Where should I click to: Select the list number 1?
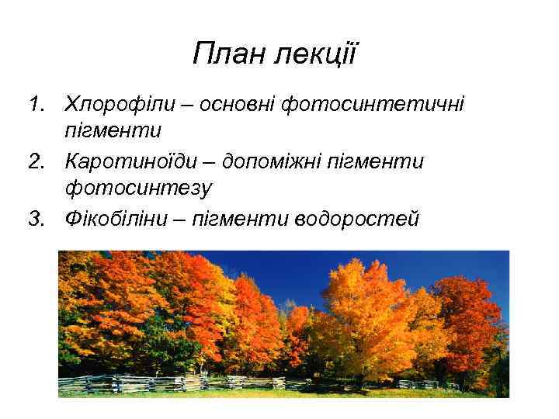pyautogui.click(x=34, y=104)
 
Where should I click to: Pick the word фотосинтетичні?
pyautogui.click(x=373, y=104)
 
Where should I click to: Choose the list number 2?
pyautogui.click(x=34, y=161)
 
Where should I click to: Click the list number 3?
pyautogui.click(x=34, y=219)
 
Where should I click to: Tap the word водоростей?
pyautogui.click(x=357, y=219)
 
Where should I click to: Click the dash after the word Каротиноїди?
pyautogui.click(x=211, y=162)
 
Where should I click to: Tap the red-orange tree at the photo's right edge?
pyautogui.click(x=474, y=318)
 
